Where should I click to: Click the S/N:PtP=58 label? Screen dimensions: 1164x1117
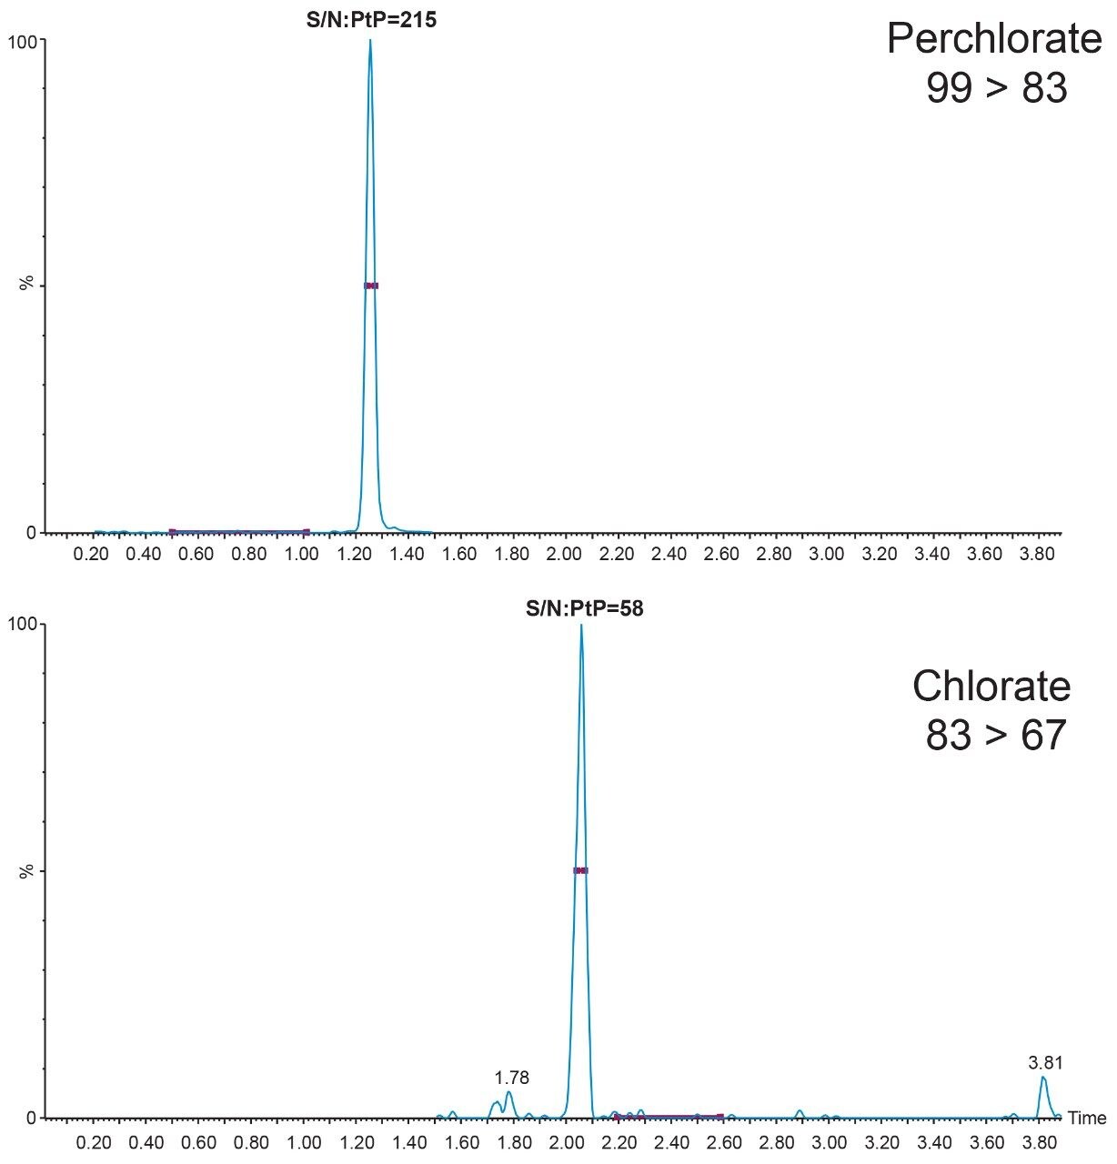click(x=584, y=608)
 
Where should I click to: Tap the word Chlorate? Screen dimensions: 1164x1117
click(x=991, y=686)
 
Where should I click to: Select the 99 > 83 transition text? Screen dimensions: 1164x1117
click(x=996, y=88)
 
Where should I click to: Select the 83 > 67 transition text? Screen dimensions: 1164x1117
click(x=994, y=735)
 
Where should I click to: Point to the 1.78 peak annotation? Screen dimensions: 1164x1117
click(x=511, y=1078)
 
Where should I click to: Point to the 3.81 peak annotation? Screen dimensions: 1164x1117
click(x=1045, y=1062)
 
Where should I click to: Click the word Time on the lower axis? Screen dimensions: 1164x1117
click(x=1087, y=1119)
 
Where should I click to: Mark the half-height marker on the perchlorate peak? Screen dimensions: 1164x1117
click(x=371, y=286)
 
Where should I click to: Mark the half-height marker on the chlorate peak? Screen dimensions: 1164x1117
click(x=581, y=870)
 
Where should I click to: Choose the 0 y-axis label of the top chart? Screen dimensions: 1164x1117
click(x=30, y=533)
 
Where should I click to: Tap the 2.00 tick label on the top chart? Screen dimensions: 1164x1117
click(x=564, y=553)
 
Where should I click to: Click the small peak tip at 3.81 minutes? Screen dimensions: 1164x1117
click(x=1042, y=1078)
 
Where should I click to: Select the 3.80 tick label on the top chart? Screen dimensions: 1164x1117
click(x=1037, y=553)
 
